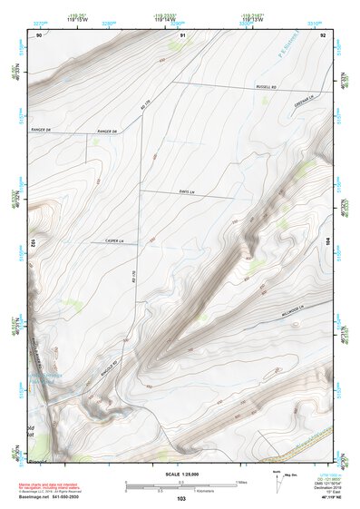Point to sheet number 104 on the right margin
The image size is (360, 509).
click(329, 243)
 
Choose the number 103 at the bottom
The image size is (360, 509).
click(181, 499)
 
